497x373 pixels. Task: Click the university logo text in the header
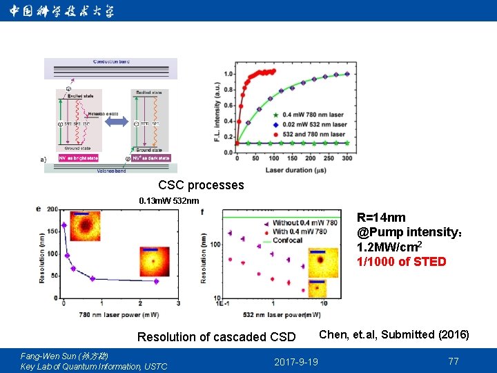(62, 11)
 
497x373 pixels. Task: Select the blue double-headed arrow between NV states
(116, 122)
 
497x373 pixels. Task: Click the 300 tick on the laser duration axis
(347, 159)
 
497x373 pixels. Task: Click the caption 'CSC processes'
(201, 185)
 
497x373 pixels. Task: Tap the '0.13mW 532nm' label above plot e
(168, 201)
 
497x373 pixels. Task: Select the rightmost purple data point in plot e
(156, 281)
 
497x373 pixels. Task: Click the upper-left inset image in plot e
(86, 226)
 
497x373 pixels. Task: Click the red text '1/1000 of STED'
(401, 262)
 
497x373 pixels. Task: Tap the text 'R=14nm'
(381, 218)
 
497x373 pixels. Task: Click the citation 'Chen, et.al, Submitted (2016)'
(393, 335)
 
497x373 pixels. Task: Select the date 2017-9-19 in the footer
(296, 362)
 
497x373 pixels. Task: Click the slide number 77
(453, 361)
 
